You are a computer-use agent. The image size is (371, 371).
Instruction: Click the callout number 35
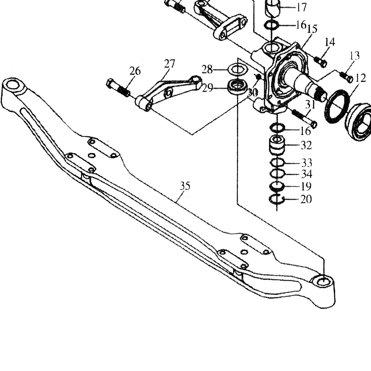(185, 186)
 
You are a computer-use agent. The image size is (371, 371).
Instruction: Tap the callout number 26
(135, 71)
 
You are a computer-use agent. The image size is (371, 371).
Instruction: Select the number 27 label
(170, 63)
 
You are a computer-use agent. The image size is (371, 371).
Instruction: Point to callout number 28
(207, 69)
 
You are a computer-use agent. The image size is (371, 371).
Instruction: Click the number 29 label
(207, 88)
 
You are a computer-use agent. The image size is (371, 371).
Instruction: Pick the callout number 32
(306, 145)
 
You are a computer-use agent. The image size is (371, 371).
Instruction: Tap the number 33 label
(306, 163)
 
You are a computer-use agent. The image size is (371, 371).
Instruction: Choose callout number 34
(306, 174)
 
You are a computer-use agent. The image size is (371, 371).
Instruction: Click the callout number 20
(306, 199)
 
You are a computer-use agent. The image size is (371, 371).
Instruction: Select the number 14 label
(330, 42)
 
